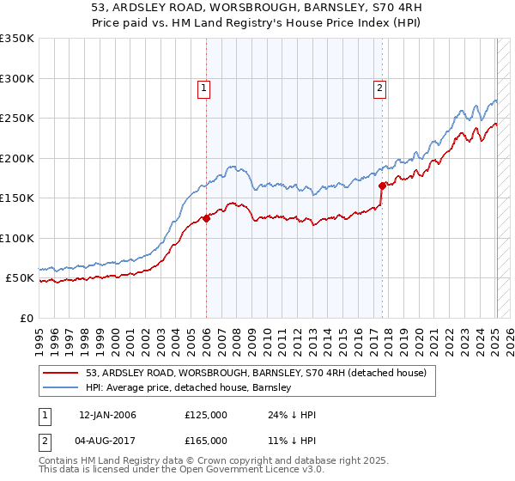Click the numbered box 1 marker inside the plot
coord(203,87)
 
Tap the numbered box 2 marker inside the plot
coord(379,87)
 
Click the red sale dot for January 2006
coord(206,218)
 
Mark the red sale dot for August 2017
coord(382,186)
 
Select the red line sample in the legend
coord(62,373)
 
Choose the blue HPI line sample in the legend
coord(62,387)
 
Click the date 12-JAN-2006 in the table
coord(107,415)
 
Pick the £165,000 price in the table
coord(206,441)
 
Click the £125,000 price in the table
coord(206,415)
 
